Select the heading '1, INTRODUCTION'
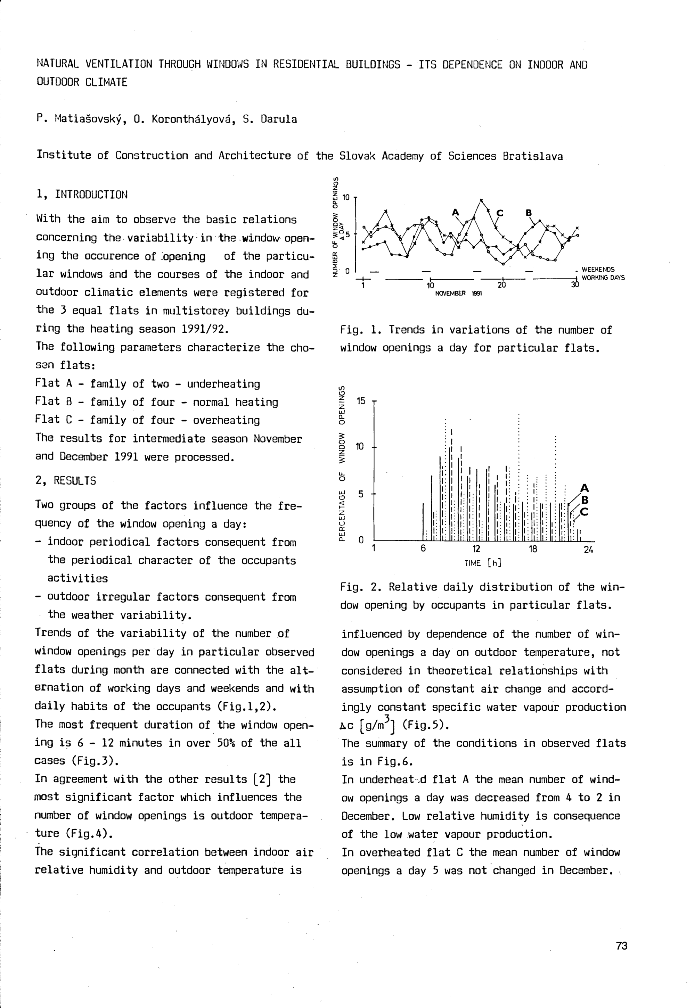pyautogui.click(x=82, y=195)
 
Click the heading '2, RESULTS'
pyautogui.click(x=65, y=481)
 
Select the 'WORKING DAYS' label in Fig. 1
pyautogui.click(x=603, y=278)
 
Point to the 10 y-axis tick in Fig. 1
pyautogui.click(x=346, y=198)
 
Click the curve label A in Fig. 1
pyautogui.click(x=456, y=212)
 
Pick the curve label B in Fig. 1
pyautogui.click(x=529, y=213)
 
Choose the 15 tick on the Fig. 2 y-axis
pyautogui.click(x=361, y=401)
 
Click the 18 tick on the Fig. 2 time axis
pyautogui.click(x=533, y=549)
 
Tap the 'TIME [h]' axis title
pyautogui.click(x=482, y=563)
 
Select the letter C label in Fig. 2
pyautogui.click(x=584, y=512)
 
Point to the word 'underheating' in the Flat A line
pyautogui.click(x=223, y=384)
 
